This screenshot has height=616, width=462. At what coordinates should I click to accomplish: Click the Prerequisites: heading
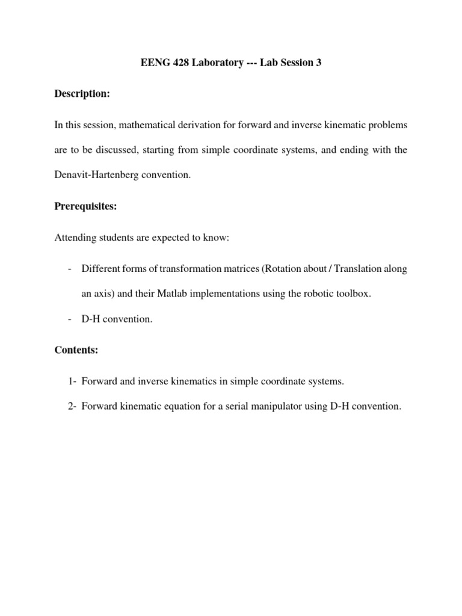coord(86,206)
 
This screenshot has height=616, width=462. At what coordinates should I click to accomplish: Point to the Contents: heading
coord(76,349)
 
